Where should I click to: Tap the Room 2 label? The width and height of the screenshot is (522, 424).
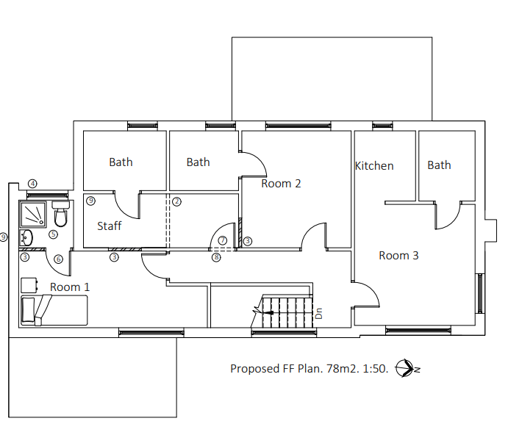(x=281, y=184)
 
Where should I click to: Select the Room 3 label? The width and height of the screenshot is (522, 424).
(x=398, y=256)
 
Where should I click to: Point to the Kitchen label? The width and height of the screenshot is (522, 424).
(x=374, y=166)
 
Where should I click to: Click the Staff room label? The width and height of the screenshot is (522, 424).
(x=110, y=226)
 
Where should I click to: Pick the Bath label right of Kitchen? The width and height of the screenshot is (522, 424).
(x=439, y=165)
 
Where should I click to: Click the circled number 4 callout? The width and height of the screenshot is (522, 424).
(x=32, y=183)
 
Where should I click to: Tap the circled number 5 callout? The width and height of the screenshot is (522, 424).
(x=53, y=234)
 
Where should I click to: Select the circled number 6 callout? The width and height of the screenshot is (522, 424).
(x=59, y=258)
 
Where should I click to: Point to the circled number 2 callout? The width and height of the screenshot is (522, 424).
(x=176, y=201)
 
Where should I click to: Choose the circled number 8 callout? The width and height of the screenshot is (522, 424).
(x=216, y=257)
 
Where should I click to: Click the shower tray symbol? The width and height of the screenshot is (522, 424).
(x=34, y=213)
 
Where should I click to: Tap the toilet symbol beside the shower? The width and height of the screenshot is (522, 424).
(x=61, y=215)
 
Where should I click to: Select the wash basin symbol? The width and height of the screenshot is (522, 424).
(x=27, y=237)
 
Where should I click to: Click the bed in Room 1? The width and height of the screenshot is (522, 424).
(x=54, y=310)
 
